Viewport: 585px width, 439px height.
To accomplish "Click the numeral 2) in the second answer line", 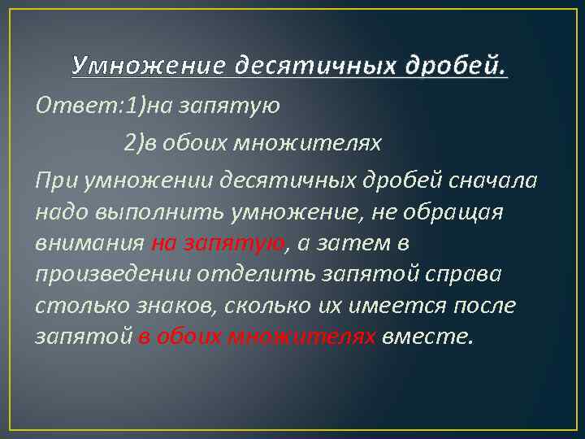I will tap(134, 143).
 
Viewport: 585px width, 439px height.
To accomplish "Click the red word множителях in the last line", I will tap(303, 336).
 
